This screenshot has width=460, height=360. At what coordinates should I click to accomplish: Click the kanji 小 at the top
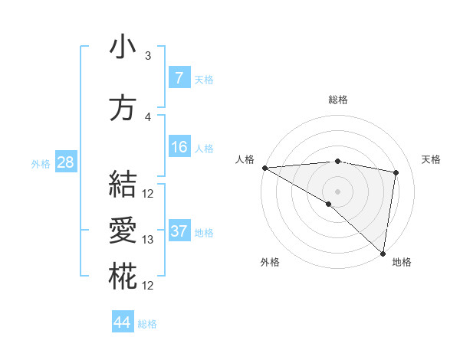pyautogui.click(x=122, y=48)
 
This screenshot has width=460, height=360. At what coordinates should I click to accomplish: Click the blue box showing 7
pyautogui.click(x=179, y=78)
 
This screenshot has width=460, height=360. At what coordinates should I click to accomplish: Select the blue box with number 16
pyautogui.click(x=179, y=147)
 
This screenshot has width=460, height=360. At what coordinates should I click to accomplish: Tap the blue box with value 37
pyautogui.click(x=179, y=231)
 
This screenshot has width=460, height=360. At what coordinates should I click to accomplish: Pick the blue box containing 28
pyautogui.click(x=64, y=162)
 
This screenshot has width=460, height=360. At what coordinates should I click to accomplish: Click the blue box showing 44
pyautogui.click(x=122, y=322)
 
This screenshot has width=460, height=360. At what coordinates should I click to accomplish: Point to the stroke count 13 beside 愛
pyautogui.click(x=148, y=240)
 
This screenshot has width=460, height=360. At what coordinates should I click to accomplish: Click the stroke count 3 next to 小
pyautogui.click(x=148, y=56)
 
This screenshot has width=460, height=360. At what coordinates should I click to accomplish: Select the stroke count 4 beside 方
pyautogui.click(x=148, y=117)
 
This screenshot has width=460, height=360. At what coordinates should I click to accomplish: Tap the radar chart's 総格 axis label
pyautogui.click(x=337, y=100)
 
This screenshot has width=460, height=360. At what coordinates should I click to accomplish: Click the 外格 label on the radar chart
pyautogui.click(x=270, y=262)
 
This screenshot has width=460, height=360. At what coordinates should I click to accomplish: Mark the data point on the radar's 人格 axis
pyautogui.click(x=264, y=167)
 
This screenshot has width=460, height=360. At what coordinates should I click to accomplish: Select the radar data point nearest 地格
pyautogui.click(x=383, y=252)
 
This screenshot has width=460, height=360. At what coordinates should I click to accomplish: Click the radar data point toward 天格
pyautogui.click(x=396, y=172)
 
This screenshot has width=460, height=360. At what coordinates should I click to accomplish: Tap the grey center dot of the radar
pyautogui.click(x=337, y=190)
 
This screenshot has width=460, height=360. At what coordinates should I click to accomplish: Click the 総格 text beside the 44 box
pyautogui.click(x=147, y=324)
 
